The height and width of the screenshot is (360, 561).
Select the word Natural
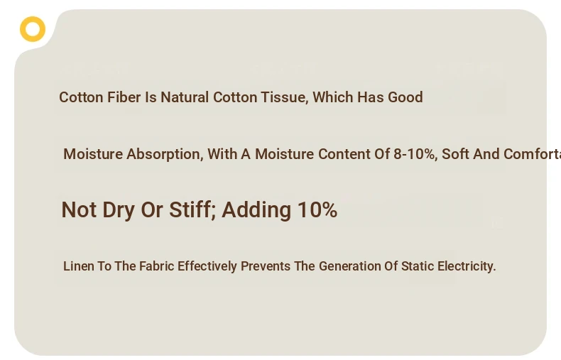(185, 97)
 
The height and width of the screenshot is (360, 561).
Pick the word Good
(405, 97)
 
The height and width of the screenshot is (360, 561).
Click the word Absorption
(165, 154)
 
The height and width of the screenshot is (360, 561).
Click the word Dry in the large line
(119, 210)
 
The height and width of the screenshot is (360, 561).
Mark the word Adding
(256, 210)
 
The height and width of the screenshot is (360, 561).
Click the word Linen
(78, 266)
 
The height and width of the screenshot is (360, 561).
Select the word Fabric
(157, 266)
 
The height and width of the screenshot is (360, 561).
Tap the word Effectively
(207, 266)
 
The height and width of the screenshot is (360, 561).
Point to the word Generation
(350, 266)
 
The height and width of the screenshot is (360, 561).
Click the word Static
(418, 266)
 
